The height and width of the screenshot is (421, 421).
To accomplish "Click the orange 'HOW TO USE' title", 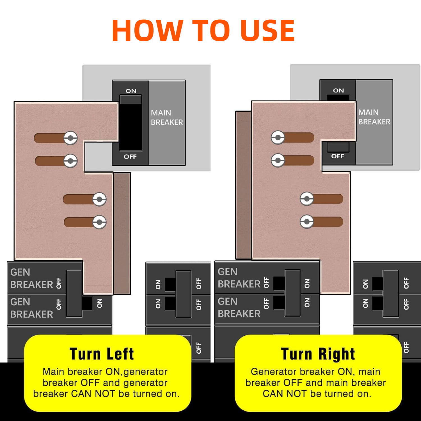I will (203, 30).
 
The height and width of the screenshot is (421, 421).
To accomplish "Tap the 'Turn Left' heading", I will (102, 354).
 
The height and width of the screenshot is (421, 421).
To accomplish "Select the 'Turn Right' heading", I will (318, 354).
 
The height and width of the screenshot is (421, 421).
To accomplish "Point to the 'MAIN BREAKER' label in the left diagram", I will (167, 117).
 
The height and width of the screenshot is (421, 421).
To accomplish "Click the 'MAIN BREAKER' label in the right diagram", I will (374, 117).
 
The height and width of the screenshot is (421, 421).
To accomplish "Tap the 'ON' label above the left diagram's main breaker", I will (131, 91).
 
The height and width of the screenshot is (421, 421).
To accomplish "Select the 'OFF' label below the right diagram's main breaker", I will (337, 156).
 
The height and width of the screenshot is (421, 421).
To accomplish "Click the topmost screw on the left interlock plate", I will (70, 138).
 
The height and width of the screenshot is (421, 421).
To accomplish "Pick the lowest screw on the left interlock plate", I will (99, 222).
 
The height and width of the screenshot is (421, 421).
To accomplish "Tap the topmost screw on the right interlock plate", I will (278, 138).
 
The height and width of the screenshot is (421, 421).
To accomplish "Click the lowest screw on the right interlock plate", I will (307, 222).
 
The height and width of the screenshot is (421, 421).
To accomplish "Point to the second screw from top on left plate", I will (70, 161).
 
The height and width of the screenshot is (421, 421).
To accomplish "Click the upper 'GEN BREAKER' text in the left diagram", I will (31, 278).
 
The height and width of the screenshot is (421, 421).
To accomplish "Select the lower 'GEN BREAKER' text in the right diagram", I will (239, 307).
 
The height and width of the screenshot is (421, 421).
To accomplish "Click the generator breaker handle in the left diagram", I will (74, 293).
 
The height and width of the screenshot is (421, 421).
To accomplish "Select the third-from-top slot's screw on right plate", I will (307, 199).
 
